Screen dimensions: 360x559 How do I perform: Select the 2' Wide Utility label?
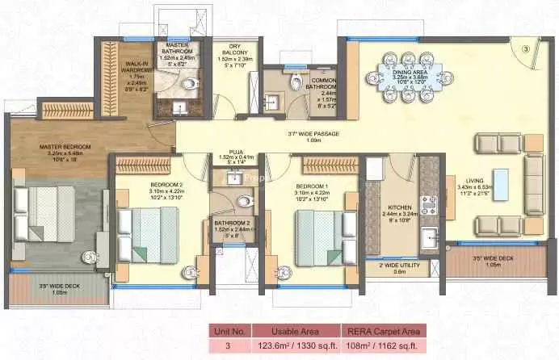(391, 266)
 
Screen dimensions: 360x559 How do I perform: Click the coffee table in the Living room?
(502, 186)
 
